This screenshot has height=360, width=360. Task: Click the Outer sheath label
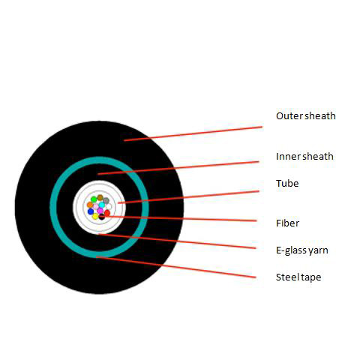[x=305, y=116]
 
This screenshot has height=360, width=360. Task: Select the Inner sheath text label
[x=304, y=157]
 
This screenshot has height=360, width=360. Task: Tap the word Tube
[x=287, y=184]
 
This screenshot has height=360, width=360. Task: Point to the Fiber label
[x=287, y=223]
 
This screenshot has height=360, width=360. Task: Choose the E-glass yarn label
[x=302, y=250]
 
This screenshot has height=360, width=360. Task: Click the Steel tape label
[x=298, y=277]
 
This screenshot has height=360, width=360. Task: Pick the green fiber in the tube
[x=94, y=199]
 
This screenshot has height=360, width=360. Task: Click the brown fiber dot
[x=100, y=197]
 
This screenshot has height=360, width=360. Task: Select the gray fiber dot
[x=106, y=200]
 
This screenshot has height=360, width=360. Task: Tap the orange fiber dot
[x=90, y=205]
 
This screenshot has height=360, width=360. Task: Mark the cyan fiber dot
[x=102, y=205]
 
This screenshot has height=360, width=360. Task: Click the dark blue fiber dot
[x=91, y=211]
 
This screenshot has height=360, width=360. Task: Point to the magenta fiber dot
[x=100, y=211]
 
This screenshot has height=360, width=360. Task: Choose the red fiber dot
[x=107, y=213]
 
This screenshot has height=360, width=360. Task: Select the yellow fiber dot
[x=95, y=216]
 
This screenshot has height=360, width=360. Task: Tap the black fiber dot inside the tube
[x=102, y=217]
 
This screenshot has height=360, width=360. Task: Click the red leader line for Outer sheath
[x=193, y=133]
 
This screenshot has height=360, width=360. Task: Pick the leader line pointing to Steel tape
[x=176, y=267]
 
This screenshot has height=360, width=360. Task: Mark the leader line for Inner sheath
[x=178, y=168]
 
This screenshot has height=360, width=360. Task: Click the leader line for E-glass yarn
[x=177, y=241]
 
